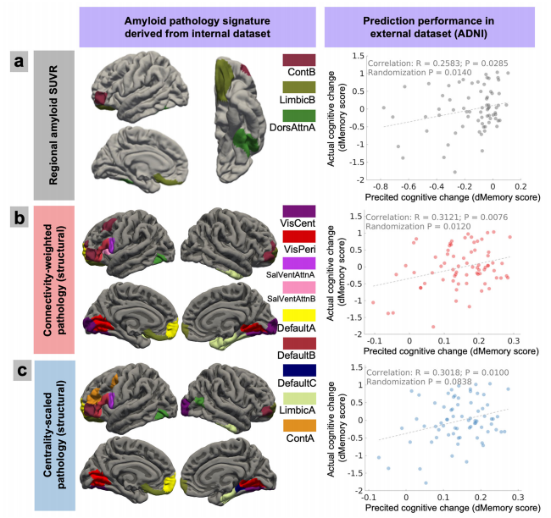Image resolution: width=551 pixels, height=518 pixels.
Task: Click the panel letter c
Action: pos(17,372)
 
